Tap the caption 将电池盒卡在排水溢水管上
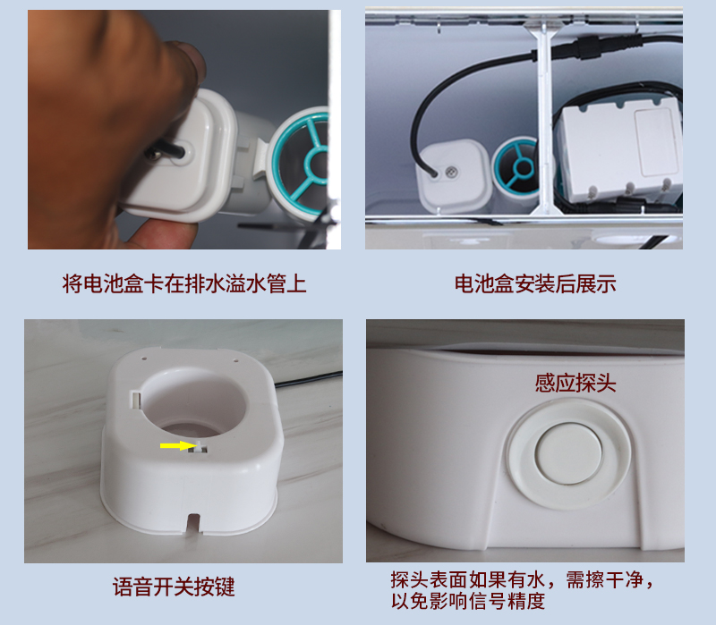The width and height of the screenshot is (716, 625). click(185, 284)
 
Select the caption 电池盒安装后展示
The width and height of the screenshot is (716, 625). click(535, 284)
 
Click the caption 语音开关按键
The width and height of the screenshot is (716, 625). click(174, 587)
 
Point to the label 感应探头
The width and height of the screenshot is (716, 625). click(575, 383)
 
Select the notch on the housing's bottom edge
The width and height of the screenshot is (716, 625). click(192, 520)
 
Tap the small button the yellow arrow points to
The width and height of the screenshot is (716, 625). click(201, 447)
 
